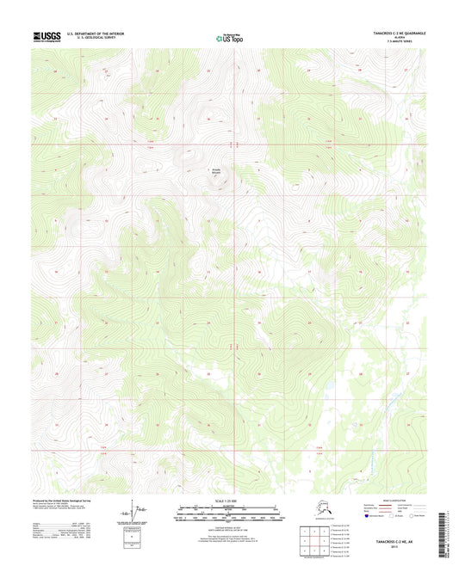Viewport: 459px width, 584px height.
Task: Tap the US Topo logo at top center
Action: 228,38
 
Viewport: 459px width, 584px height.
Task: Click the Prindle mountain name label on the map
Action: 204,172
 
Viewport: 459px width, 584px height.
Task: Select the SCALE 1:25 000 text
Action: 228,500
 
